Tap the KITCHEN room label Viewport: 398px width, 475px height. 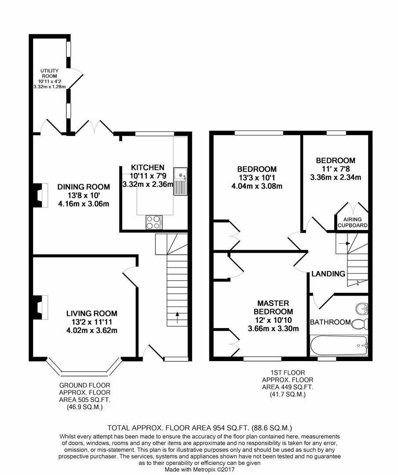tap(147, 168)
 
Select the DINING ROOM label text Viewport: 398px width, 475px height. tap(84, 187)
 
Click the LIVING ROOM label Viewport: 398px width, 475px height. tap(92, 314)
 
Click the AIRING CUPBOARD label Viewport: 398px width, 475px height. tap(352, 222)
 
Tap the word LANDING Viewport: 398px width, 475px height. tap(328, 274)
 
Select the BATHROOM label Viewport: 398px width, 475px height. tap(330, 322)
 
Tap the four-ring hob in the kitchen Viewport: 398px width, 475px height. tap(153, 222)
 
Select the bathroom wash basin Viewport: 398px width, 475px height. tap(362, 308)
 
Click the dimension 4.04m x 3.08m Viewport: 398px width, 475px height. tap(257, 186)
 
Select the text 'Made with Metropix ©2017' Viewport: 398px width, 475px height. tap(199, 470)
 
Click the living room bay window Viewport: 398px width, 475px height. tap(84, 369)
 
